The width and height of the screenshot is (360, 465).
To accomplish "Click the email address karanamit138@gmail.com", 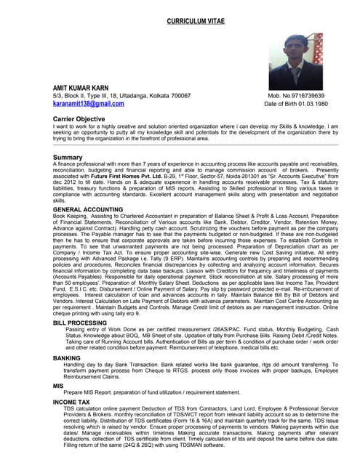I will coord(88,104).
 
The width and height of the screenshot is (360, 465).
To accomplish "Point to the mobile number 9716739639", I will coord(307,96).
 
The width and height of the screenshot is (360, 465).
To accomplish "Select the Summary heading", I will coord(68,157).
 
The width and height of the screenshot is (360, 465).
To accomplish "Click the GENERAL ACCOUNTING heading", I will coord(88,209).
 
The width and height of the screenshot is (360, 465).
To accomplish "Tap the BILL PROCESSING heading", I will coord(80,322).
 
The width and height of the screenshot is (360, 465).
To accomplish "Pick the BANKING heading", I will coord(67,357).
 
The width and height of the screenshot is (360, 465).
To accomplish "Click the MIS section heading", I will coord(58,385).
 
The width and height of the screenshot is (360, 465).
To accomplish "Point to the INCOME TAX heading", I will coord(71,401).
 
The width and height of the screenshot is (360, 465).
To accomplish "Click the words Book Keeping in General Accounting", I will coord(70,216).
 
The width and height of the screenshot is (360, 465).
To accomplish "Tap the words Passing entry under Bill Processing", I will coord(79,329).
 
